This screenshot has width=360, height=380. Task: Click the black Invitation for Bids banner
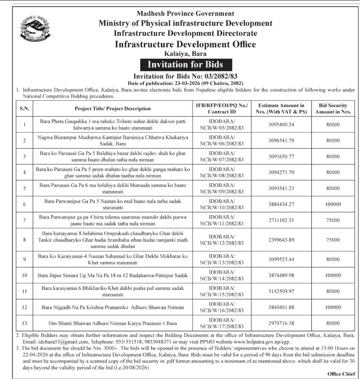[185, 64]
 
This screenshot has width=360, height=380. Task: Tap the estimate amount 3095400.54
[281, 125]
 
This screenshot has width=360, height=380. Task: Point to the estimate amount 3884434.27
[281, 204]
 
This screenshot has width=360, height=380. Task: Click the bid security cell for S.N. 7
[333, 220]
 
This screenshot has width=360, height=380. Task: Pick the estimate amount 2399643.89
[281, 239]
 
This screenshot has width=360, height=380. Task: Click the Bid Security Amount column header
[333, 108]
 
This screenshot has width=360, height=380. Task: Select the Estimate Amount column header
[281, 108]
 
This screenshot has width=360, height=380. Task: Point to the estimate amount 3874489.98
[281, 275]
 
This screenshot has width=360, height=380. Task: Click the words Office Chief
[341, 374]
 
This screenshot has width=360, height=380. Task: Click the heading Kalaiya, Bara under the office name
[185, 53]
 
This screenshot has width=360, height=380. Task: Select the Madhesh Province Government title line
[185, 14]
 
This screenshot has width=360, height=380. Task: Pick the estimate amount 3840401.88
[281, 306]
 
